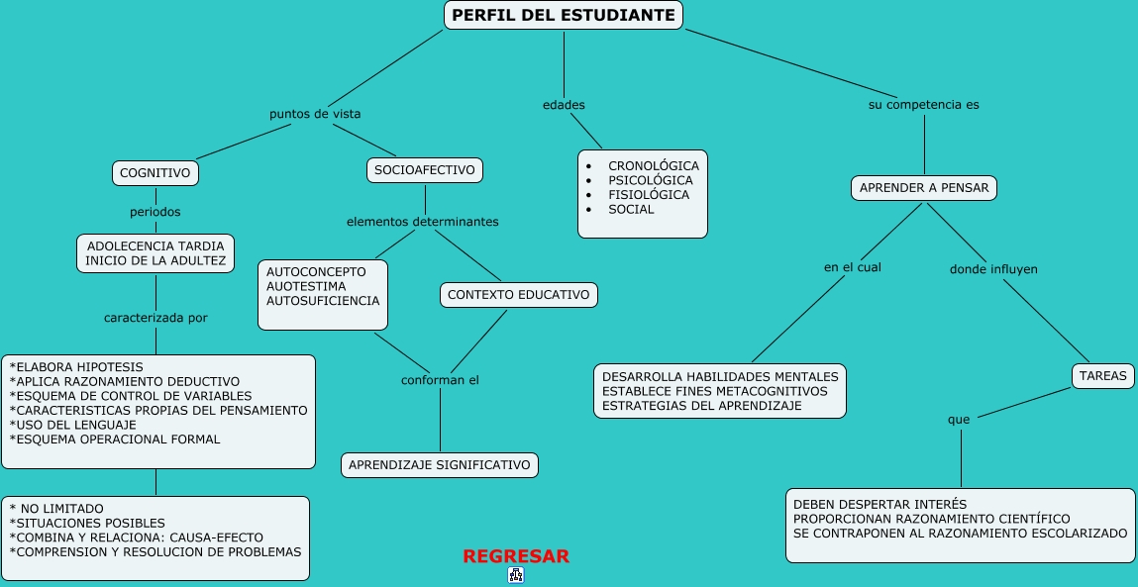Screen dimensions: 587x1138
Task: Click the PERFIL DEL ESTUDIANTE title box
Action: click(563, 16)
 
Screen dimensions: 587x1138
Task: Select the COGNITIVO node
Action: click(155, 173)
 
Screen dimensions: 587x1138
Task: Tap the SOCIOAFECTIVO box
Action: click(425, 170)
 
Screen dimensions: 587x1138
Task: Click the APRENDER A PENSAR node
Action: click(924, 188)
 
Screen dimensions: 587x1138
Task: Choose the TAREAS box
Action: click(1102, 376)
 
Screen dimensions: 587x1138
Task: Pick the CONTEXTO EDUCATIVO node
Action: click(518, 295)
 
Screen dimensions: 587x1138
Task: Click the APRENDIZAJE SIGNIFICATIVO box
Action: click(440, 465)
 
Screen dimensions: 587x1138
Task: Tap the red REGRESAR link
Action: click(516, 556)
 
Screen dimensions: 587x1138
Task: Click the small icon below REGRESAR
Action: click(516, 575)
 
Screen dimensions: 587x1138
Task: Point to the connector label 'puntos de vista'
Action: click(315, 114)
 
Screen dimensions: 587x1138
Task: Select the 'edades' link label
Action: click(564, 105)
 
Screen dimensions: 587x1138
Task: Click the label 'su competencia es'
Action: click(923, 104)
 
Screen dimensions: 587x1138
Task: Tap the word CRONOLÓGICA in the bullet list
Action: click(653, 166)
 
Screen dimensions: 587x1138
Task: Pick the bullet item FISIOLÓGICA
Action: click(649, 195)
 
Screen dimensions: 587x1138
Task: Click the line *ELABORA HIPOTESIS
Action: click(76, 367)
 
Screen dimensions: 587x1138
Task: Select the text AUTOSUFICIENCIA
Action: click(323, 300)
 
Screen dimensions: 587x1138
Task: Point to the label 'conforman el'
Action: click(440, 380)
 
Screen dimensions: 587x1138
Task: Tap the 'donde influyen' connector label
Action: click(993, 269)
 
